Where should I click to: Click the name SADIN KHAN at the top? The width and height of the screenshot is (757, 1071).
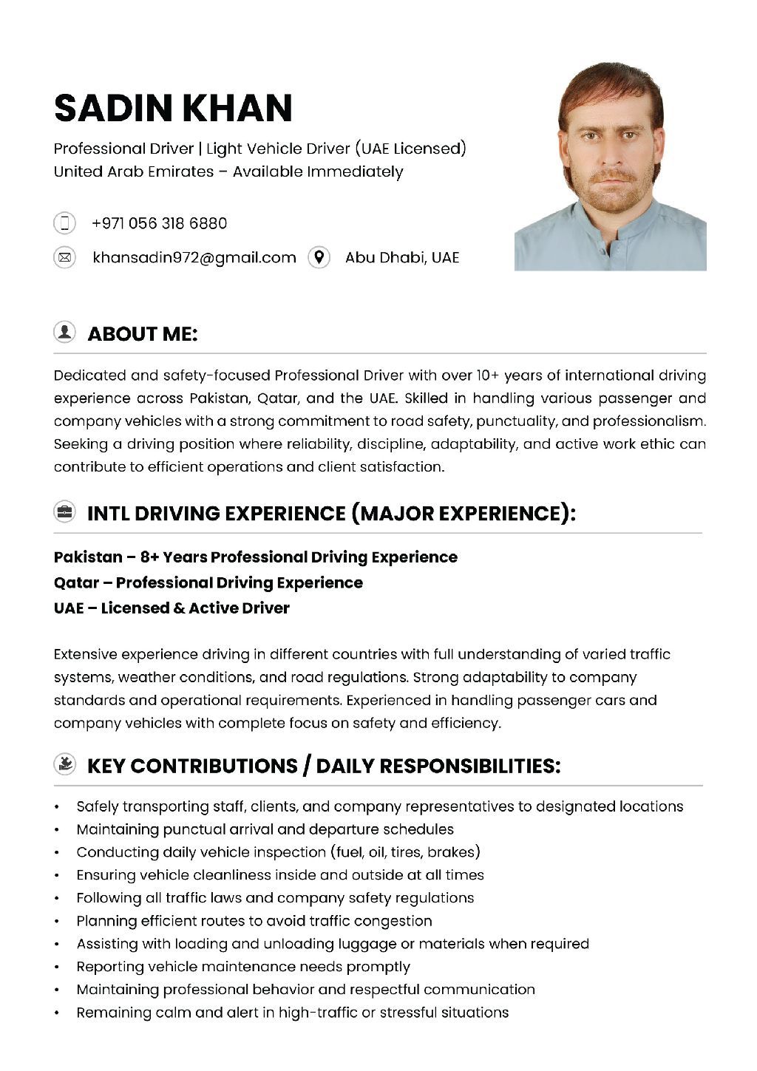click(173, 108)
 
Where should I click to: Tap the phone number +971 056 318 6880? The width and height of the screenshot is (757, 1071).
click(159, 223)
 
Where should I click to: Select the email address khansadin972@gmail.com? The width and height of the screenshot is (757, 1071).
click(194, 257)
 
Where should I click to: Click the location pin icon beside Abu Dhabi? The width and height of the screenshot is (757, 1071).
click(319, 257)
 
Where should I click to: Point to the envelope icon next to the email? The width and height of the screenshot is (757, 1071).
click(65, 257)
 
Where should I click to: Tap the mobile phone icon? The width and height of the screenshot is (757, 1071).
click(65, 223)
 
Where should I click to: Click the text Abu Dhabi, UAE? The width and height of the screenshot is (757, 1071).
click(401, 257)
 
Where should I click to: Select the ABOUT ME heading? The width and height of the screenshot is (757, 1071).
click(143, 334)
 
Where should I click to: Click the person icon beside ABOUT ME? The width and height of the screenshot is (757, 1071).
click(65, 333)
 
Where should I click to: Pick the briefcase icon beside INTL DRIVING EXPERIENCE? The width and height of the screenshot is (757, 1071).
click(65, 511)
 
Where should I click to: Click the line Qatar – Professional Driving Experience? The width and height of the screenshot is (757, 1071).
click(208, 582)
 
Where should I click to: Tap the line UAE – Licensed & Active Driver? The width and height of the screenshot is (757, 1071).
click(172, 608)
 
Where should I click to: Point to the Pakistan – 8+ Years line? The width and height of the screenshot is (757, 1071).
click(255, 557)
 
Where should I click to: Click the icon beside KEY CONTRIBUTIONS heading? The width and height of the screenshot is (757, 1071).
click(65, 764)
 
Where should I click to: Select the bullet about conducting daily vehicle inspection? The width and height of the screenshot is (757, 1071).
click(278, 852)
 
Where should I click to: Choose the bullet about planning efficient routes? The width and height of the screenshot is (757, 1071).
click(254, 921)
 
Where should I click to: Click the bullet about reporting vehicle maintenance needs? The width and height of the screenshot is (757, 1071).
click(242, 967)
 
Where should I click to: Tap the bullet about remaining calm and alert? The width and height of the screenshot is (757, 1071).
click(292, 1013)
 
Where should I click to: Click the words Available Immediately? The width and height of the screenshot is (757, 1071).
click(318, 171)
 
